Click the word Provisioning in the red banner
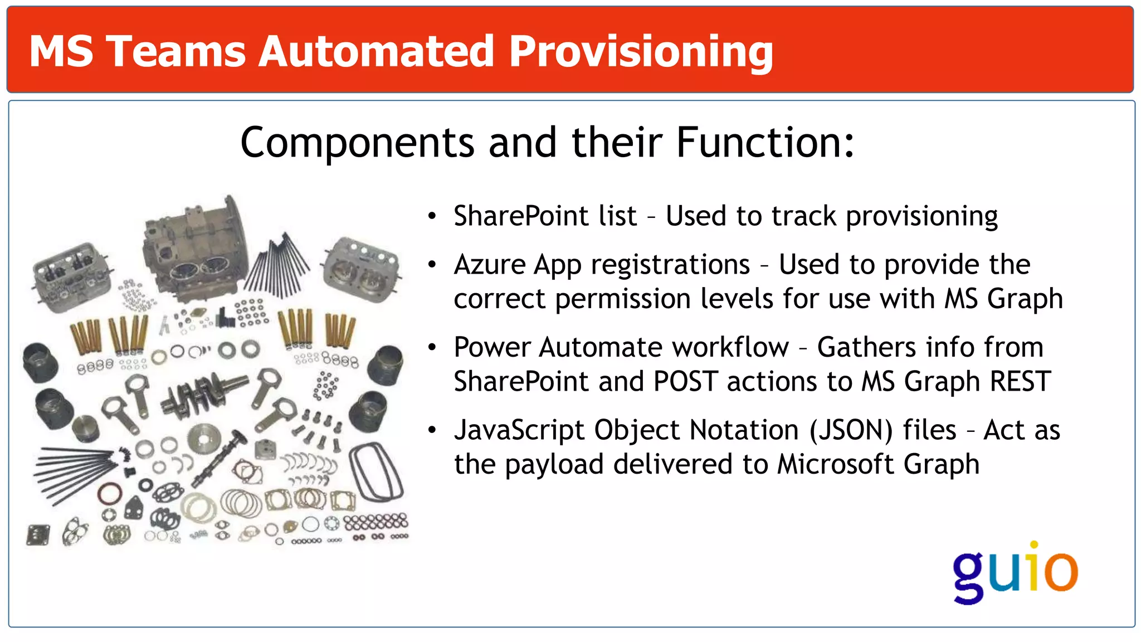pos(641,52)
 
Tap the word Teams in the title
pos(175,52)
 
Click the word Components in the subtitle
pos(357,143)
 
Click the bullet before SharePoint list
pos(432,216)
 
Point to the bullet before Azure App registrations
pos(432,265)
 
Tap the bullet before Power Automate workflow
pos(432,348)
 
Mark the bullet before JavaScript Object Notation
pos(432,430)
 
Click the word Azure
pos(489,265)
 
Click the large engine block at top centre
pos(195,251)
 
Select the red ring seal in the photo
pos(110,494)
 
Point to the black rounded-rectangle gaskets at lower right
pos(376,471)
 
